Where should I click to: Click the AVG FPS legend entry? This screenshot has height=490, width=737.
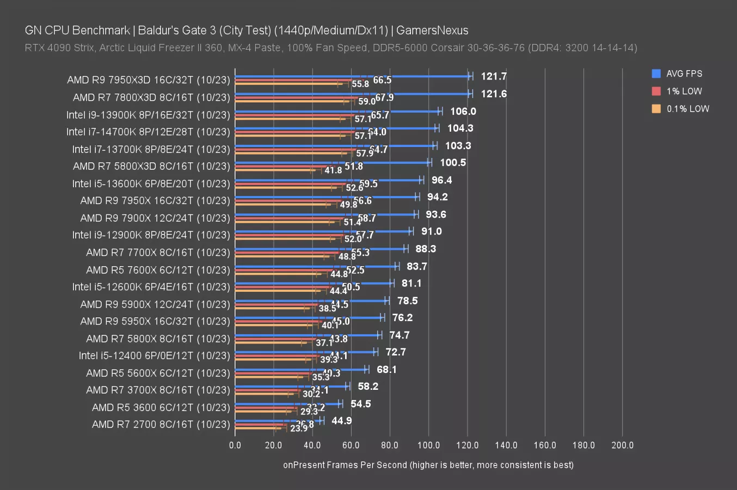click(684, 73)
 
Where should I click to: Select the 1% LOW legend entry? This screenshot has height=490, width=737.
click(684, 91)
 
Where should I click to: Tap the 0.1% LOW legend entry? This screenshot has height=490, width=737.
click(687, 108)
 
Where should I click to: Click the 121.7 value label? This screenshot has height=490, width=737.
click(494, 76)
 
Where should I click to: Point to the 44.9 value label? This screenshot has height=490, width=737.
click(341, 420)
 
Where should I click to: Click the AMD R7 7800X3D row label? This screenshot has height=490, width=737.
click(151, 97)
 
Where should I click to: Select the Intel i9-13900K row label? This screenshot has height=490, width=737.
click(148, 115)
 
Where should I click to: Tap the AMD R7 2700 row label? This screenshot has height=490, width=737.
click(161, 424)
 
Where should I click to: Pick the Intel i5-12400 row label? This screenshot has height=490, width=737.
click(154, 356)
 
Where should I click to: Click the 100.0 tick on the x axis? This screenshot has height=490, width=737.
click(428, 445)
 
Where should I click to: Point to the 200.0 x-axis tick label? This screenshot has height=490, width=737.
click(622, 445)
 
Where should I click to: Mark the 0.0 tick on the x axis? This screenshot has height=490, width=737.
click(235, 445)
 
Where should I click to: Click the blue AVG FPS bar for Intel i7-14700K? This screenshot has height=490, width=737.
click(335, 128)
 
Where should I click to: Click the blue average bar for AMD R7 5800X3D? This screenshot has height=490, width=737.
click(332, 163)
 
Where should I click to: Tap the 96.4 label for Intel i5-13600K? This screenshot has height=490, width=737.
click(441, 180)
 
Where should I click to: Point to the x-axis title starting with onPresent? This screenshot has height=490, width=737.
click(428, 464)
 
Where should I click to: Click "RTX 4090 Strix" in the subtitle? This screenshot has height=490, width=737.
click(59, 48)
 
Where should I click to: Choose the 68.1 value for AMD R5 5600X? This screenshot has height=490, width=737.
click(386, 369)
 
